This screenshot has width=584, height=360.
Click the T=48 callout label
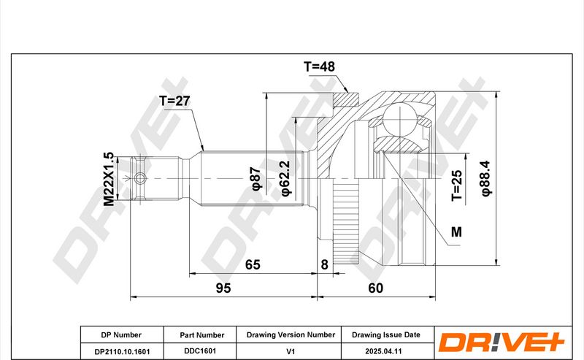coord(319,66)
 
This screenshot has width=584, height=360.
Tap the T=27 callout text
coord(174,101)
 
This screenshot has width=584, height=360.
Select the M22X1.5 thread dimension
coord(108,179)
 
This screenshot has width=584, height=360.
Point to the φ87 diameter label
coord(257,179)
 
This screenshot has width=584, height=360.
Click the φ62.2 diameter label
coord(286,178)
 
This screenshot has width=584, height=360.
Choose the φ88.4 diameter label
coord(486,178)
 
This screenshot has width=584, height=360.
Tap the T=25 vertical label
coord(457,185)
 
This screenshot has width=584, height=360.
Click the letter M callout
coord(456,231)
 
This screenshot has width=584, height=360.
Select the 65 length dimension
coord(253,264)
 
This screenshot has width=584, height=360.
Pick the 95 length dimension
coord(223,288)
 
